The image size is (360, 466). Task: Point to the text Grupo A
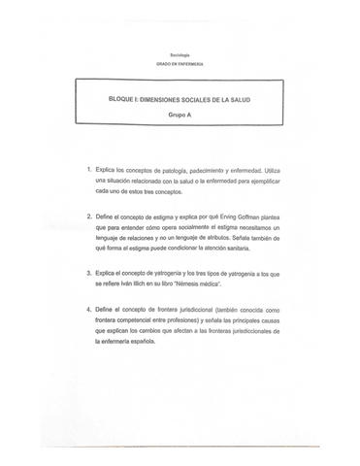pos(180,115)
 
